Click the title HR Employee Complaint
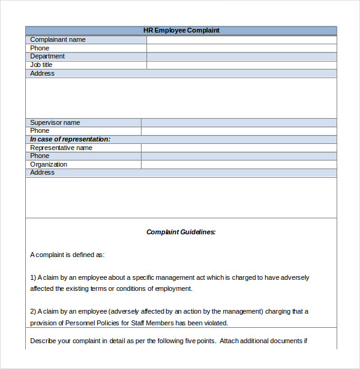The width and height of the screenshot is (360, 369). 181,30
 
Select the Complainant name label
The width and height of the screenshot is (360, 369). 58,39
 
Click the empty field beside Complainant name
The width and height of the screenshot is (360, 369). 241,39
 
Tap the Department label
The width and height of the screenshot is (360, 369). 47,56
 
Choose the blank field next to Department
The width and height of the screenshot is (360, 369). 241,56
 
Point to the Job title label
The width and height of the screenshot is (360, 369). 41,65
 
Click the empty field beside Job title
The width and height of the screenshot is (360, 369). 241,65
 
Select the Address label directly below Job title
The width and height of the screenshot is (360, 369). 42,73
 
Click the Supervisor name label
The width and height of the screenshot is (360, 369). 55,122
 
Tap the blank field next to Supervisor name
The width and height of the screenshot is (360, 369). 239,122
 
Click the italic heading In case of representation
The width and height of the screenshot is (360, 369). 70,139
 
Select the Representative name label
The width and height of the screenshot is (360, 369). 61,148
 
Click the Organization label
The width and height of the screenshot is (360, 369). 49,164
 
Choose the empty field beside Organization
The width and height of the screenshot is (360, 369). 239,164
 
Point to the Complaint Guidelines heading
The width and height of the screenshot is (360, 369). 181,232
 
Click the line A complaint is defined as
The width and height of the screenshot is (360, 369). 67,254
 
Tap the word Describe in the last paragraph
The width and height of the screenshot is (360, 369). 44,341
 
